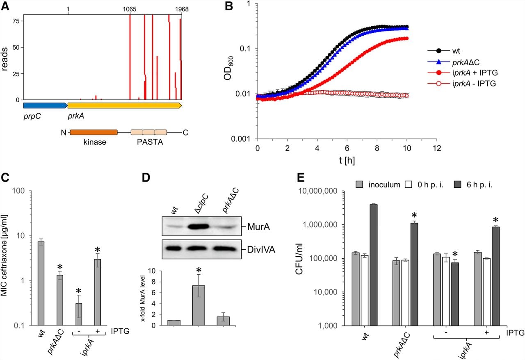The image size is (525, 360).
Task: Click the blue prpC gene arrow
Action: pyautogui.click(x=45, y=105)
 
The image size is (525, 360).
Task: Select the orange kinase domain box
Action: pyautogui.click(x=94, y=132)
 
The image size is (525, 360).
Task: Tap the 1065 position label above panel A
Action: pyautogui.click(x=129, y=9)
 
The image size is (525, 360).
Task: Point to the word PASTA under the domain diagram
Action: pyautogui.click(x=150, y=142)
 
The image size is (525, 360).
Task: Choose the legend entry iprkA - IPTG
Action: pyautogui.click(x=462, y=83)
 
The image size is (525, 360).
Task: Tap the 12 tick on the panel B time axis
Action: pyautogui.click(x=437, y=148)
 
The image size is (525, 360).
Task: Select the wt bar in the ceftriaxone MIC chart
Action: pyautogui.click(x=41, y=284)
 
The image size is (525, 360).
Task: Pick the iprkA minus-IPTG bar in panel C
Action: pyautogui.click(x=79, y=314)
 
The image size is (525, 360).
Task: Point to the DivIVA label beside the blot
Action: pyautogui.click(x=261, y=250)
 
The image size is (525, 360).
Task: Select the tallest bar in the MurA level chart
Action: pyautogui.click(x=199, y=305)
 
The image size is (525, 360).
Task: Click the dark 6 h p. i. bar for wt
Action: pyautogui.click(x=374, y=265)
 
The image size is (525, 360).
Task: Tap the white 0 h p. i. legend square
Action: pyautogui.click(x=408, y=185)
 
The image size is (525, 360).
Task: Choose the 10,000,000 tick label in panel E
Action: pyautogui.click(x=317, y=191)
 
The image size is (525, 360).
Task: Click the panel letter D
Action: pyautogui.click(x=146, y=178)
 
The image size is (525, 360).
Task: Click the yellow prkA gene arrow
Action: pyautogui.click(x=125, y=105)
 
